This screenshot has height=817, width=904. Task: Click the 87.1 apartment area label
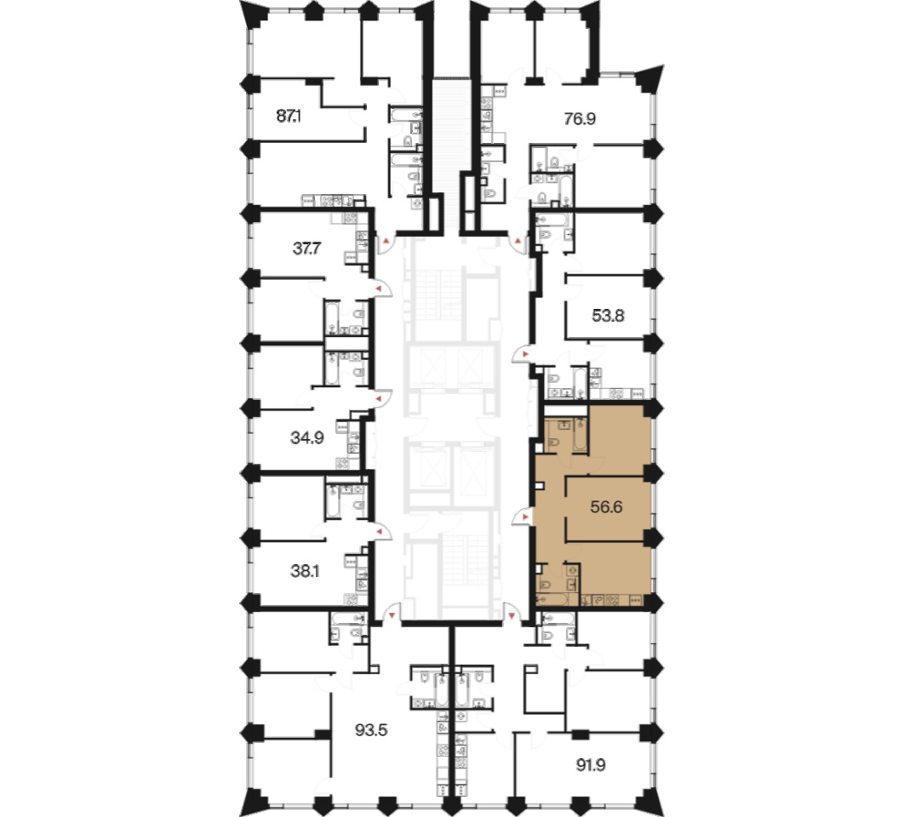pyautogui.click(x=289, y=117)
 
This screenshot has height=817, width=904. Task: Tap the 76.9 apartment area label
pyautogui.click(x=580, y=119)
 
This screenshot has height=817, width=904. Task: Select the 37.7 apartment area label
pyautogui.click(x=306, y=249)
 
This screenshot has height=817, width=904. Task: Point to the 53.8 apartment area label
pyautogui.click(x=609, y=316)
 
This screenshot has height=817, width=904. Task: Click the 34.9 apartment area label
pyautogui.click(x=306, y=438)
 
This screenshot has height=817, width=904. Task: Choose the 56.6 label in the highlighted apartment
pyautogui.click(x=607, y=507)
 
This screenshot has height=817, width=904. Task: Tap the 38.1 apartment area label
pyautogui.click(x=305, y=571)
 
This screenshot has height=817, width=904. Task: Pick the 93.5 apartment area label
pyautogui.click(x=371, y=730)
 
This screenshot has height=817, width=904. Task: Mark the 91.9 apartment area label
pyautogui.click(x=591, y=765)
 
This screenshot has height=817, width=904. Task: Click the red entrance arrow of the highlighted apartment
pyautogui.click(x=524, y=517)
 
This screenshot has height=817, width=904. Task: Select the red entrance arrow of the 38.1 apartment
pyautogui.click(x=379, y=531)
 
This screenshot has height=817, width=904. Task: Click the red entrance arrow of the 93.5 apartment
pyautogui.click(x=393, y=616)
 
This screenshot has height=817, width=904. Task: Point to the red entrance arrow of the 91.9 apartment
pyautogui.click(x=512, y=616)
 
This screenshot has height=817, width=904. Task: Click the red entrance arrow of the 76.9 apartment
pyautogui.click(x=518, y=240)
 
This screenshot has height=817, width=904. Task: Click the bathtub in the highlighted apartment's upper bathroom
pyautogui.click(x=579, y=436)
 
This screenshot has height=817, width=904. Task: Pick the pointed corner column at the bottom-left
pyautogui.click(x=255, y=800)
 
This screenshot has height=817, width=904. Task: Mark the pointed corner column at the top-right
pyautogui.click(x=651, y=78)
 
